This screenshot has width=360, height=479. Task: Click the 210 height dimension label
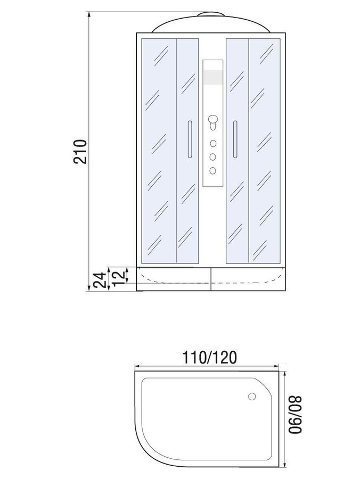pos(80,152)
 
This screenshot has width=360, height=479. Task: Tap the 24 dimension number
pos(100,280)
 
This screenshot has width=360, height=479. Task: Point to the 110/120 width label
pos(209,358)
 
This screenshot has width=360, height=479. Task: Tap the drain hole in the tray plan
pos(252,397)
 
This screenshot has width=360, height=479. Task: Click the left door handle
pos(190,139)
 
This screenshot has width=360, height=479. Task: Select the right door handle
pos(235,139)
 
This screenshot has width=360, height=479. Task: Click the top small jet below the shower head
pos(213,143)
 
